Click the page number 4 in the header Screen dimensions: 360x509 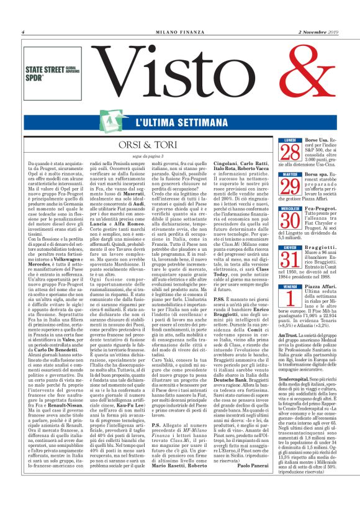23,32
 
